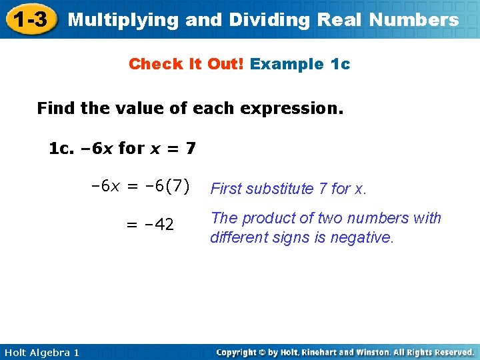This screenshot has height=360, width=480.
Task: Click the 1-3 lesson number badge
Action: (31, 20)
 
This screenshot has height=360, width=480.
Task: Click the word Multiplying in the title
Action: (124, 20)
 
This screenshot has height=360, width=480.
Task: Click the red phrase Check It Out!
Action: (186, 64)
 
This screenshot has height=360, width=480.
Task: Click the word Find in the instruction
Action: (56, 108)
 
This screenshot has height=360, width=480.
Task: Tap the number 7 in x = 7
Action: (191, 148)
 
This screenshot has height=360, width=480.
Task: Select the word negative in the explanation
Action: (366, 237)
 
